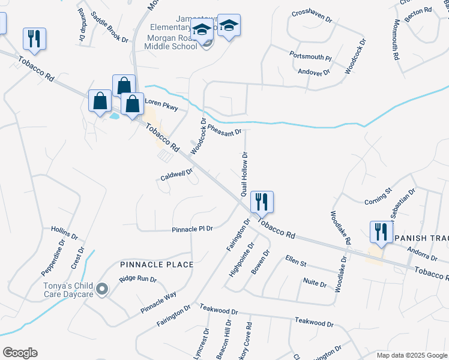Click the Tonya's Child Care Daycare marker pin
coord(102,290)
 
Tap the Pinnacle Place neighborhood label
coord(156,265)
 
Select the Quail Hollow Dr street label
coord(245,175)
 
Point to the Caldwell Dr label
coord(176,175)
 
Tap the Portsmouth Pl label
coord(310,56)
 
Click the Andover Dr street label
coord(314,72)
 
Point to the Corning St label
coord(378,197)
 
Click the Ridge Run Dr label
coord(137,279)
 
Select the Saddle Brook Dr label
coord(110,28)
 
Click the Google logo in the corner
coord(20,353)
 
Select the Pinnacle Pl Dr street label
coord(193,229)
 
